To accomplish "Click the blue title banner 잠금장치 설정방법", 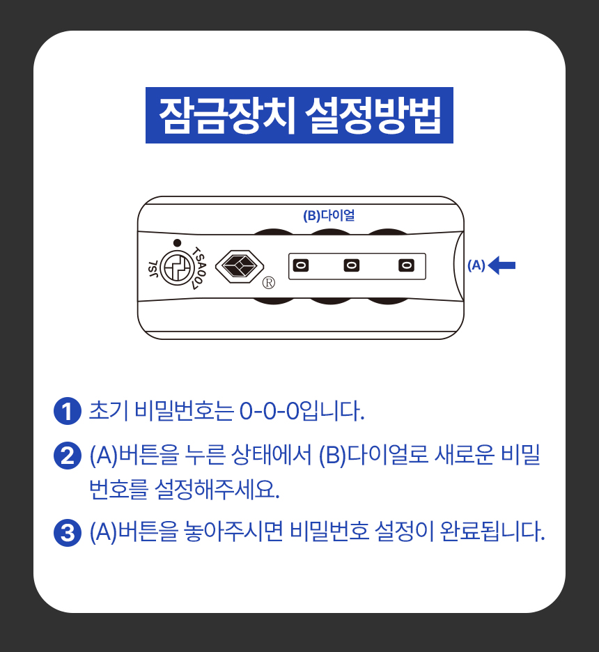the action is (x=299, y=115).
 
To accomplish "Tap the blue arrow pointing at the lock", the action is (x=501, y=265).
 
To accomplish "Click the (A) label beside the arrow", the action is (x=476, y=265).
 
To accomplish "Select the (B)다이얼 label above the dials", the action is (x=329, y=215).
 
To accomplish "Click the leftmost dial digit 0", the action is (x=301, y=265).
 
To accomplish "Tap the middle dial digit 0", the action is (x=352, y=265).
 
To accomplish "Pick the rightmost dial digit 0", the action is (x=406, y=265).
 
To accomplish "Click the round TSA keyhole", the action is (x=178, y=268).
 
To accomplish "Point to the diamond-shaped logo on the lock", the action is (x=240, y=267).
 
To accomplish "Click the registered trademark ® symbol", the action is (x=269, y=283).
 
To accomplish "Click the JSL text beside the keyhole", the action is (x=153, y=269).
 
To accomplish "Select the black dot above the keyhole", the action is (x=177, y=243).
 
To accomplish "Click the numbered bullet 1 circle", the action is (x=68, y=411).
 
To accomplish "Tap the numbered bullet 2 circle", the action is (x=68, y=456).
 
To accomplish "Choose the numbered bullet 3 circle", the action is (x=68, y=533).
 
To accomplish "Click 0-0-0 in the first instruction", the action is (x=270, y=411).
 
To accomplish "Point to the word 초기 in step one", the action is (x=109, y=410).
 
